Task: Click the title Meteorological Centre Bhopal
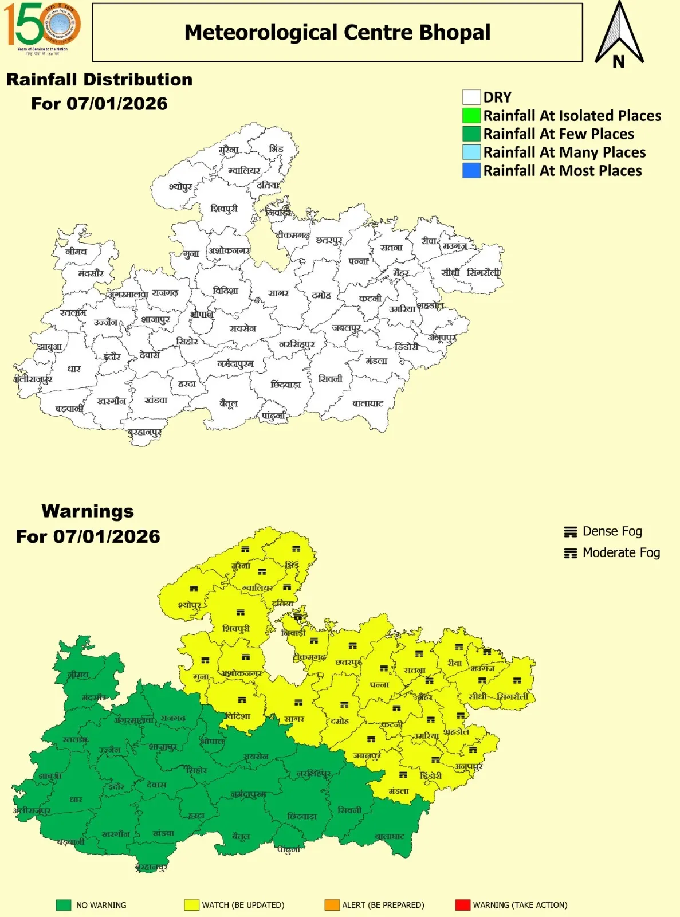(337, 33)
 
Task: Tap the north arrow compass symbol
(619, 34)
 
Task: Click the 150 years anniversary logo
(42, 27)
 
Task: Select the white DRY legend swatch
(471, 97)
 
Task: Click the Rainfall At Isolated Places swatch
(471, 115)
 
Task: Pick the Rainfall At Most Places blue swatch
(471, 170)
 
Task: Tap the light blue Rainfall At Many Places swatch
(471, 152)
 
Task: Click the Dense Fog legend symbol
(570, 532)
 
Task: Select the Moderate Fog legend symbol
(570, 553)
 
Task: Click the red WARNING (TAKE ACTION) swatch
(462, 905)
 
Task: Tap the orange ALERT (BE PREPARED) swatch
(332, 905)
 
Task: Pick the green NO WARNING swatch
(63, 905)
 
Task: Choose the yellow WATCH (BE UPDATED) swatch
(191, 905)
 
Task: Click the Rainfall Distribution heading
(99, 80)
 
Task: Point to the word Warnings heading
(88, 511)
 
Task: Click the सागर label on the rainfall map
(278, 293)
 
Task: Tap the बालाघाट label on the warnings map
(390, 837)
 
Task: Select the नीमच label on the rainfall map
(76, 252)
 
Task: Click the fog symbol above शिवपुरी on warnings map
(241, 612)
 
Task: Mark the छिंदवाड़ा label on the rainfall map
(286, 385)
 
